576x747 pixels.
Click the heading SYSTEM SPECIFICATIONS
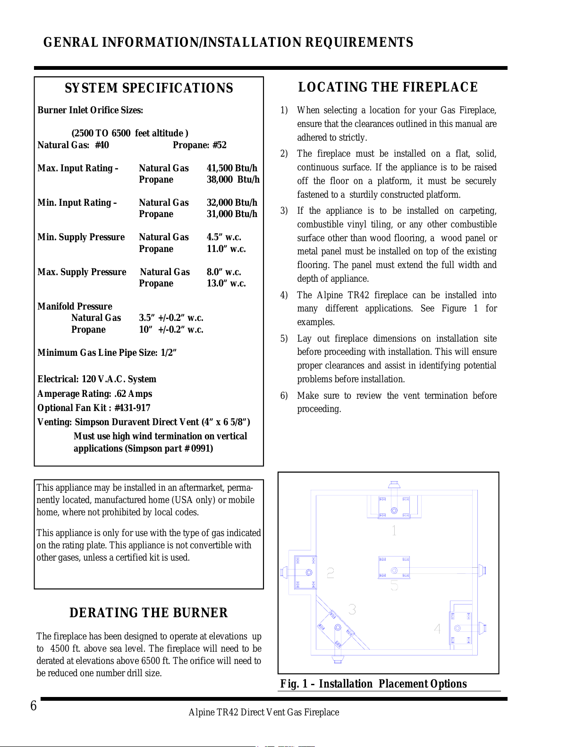tap(149, 88)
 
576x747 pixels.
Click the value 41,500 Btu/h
tap(232, 168)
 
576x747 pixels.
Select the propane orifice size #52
tap(220, 145)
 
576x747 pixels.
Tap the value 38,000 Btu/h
tap(233, 179)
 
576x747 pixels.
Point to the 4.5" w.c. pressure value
tap(224, 237)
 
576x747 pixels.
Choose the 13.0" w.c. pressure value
tap(226, 283)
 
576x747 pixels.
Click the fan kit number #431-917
tap(132, 408)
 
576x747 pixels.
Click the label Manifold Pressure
tap(75, 306)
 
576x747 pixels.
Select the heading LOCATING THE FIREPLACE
tap(388, 87)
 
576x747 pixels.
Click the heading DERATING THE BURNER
tap(149, 613)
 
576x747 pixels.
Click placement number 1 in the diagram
tap(394, 530)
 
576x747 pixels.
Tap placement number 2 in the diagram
tap(330, 573)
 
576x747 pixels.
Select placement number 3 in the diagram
tap(352, 610)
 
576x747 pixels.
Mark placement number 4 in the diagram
tap(437, 629)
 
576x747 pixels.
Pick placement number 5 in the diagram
tap(394, 585)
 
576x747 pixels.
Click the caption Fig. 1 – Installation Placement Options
tap(373, 684)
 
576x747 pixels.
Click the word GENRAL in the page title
tap(70, 42)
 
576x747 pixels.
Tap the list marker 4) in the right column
tap(284, 295)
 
